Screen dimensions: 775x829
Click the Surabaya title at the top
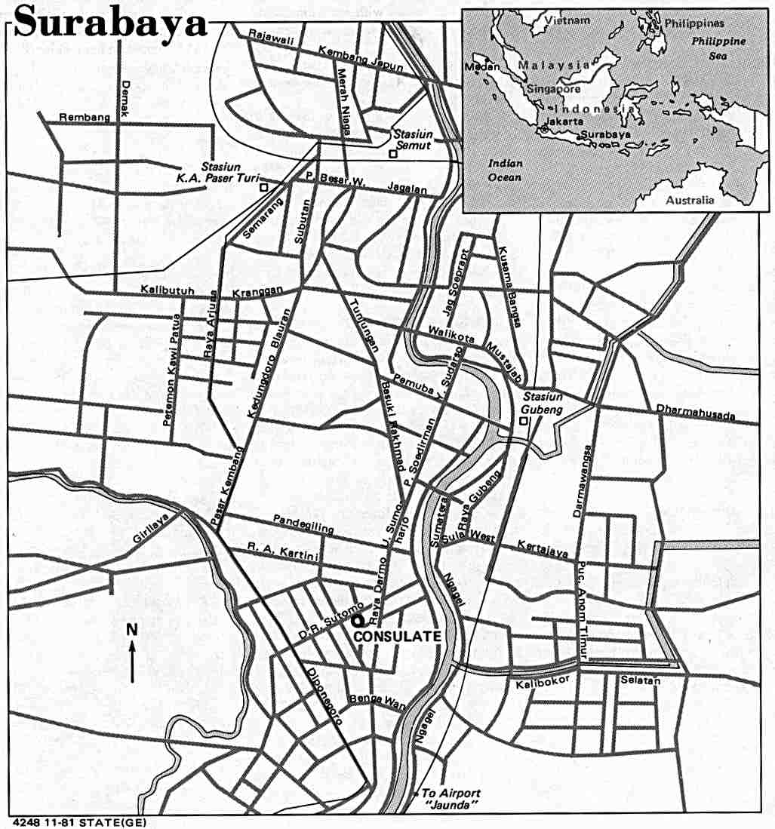(x=110, y=23)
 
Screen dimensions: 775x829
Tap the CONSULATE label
(x=397, y=636)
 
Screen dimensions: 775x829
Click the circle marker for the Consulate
(x=357, y=620)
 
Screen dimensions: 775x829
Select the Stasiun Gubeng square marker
(x=524, y=421)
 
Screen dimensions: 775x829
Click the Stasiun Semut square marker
(x=392, y=154)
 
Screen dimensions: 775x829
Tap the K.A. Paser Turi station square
(x=263, y=187)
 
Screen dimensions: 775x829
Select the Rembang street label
(x=85, y=117)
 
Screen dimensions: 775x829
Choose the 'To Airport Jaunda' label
(x=451, y=798)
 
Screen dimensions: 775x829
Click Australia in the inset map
(x=689, y=200)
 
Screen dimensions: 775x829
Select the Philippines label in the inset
(x=694, y=23)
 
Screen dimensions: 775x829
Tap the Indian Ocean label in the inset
(x=504, y=170)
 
